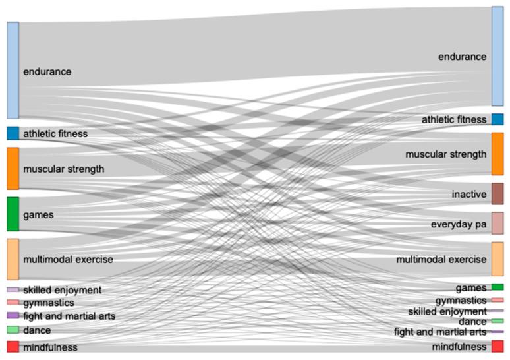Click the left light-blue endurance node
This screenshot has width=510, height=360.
pyautogui.click(x=13, y=71)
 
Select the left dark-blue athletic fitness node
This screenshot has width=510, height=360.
pyautogui.click(x=13, y=133)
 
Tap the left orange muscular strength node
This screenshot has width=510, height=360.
pyautogui.click(x=13, y=169)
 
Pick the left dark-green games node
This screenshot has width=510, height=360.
pyautogui.click(x=13, y=214)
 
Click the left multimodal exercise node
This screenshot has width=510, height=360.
pyautogui.click(x=13, y=259)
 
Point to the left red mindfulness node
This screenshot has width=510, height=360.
pyautogui.click(x=13, y=347)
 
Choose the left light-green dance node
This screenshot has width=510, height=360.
pyautogui.click(x=13, y=330)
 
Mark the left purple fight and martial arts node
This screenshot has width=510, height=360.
pyautogui.click(x=13, y=316)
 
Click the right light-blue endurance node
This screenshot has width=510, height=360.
pyautogui.click(x=497, y=57)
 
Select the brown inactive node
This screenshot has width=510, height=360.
pyautogui.click(x=497, y=194)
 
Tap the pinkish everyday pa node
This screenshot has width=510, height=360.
pyautogui.click(x=497, y=224)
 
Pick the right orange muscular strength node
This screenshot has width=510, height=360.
pyautogui.click(x=497, y=154)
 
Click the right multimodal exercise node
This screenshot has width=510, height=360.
pyautogui.click(x=497, y=259)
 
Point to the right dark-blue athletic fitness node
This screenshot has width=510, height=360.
pyautogui.click(x=497, y=119)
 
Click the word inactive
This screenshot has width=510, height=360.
pyautogui.click(x=469, y=195)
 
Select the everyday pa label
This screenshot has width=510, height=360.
pyautogui.click(x=459, y=225)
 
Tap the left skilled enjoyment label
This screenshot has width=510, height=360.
pyautogui.click(x=62, y=290)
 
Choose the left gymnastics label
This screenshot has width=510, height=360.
pyautogui.click(x=48, y=303)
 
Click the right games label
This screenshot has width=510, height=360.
pyautogui.click(x=471, y=288)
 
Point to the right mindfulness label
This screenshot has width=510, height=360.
pyautogui.click(x=459, y=347)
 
